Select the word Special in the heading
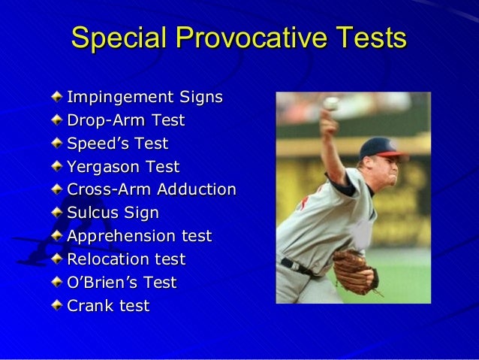coord(120,39)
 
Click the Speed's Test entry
coord(118,143)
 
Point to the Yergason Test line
coord(123,166)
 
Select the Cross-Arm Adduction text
coord(152,189)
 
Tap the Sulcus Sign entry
coord(113,213)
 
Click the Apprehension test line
coord(140,236)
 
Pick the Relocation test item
coord(126,259)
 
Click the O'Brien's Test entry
coord(122,283)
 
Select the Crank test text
coord(108,306)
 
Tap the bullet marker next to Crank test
coord(58,306)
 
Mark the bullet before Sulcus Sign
coord(58,213)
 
